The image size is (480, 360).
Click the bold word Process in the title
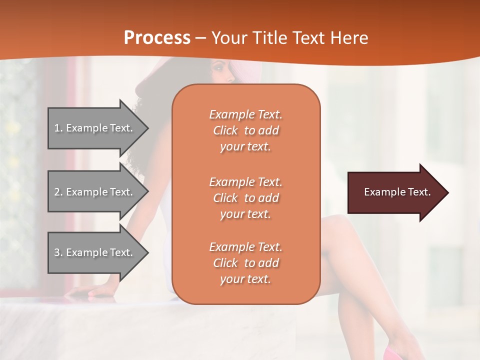click(157, 37)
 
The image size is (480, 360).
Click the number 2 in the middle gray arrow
click(57, 192)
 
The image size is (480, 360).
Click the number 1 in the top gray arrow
click(57, 128)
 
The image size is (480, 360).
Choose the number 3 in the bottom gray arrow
click(57, 252)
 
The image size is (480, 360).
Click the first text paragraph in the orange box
click(245, 130)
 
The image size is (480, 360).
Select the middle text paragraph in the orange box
click(245, 198)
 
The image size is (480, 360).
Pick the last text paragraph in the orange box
click(245, 263)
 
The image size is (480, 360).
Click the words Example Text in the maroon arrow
click(397, 192)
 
